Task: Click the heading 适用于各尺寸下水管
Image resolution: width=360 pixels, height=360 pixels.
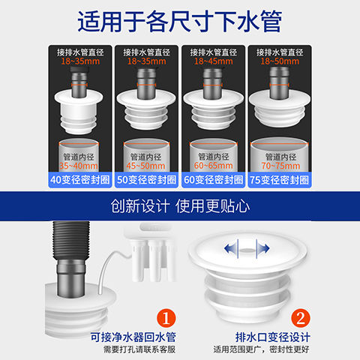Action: click(x=180, y=22)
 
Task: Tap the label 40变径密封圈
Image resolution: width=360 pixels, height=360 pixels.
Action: click(x=80, y=180)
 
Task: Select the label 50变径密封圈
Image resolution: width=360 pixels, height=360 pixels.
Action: click(x=146, y=180)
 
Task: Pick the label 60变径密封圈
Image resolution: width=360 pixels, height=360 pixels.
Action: click(x=213, y=180)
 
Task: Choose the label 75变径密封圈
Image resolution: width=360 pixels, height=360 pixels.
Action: click(x=280, y=180)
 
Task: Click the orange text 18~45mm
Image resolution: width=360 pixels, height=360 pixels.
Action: click(x=214, y=61)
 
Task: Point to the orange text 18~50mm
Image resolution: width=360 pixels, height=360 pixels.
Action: click(x=280, y=61)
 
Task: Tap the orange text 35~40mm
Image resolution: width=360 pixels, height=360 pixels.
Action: click(x=79, y=166)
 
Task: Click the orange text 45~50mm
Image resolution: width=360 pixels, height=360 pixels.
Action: click(x=145, y=166)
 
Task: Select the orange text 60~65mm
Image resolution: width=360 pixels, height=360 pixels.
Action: click(x=213, y=166)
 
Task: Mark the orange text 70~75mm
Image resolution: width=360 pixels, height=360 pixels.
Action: click(x=280, y=166)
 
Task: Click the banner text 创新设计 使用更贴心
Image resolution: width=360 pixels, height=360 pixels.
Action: click(x=180, y=206)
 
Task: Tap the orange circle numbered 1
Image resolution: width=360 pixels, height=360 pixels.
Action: click(x=166, y=318)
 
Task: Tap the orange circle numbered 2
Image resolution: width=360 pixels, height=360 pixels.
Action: click(x=301, y=318)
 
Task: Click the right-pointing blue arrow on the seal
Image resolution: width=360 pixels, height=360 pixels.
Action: click(x=263, y=249)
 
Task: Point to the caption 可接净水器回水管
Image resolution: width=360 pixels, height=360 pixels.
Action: click(x=133, y=337)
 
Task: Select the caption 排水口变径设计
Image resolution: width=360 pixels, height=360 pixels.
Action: click(x=273, y=337)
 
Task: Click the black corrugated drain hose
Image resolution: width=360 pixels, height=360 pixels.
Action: click(x=71, y=241)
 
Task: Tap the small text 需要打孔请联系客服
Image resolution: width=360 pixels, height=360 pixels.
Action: click(x=139, y=349)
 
